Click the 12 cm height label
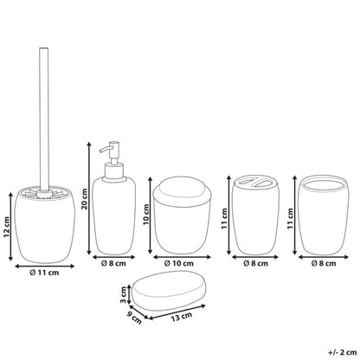point(7,227)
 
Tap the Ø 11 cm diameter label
point(44,273)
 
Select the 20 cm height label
point(85,199)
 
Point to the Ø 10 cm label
point(179,263)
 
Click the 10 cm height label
point(146,215)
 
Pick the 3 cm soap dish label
point(123,294)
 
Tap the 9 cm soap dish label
point(135,318)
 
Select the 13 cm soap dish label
point(182,317)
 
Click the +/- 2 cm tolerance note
point(343,352)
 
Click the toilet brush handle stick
point(44,119)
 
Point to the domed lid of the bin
point(182,192)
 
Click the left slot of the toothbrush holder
point(246,182)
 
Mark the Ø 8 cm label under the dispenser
point(113,263)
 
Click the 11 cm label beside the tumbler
point(291,219)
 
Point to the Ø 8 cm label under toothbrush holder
point(255,263)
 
